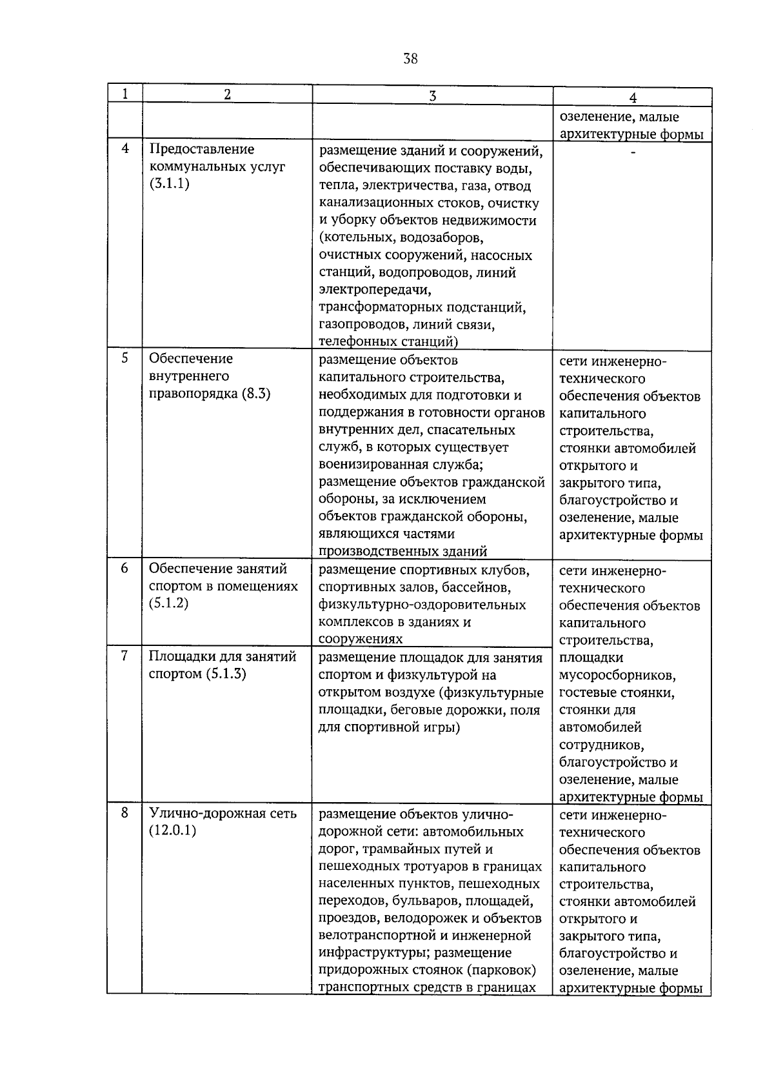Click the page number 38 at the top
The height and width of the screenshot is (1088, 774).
pyautogui.click(x=410, y=59)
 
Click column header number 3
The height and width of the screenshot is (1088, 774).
pyautogui.click(x=432, y=96)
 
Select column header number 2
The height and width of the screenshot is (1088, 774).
pyautogui.click(x=227, y=94)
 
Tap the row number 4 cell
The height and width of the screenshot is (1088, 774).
pyautogui.click(x=124, y=148)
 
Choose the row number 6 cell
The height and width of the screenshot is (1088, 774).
pyautogui.click(x=124, y=568)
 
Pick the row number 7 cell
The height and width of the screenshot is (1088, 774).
pyautogui.click(x=124, y=656)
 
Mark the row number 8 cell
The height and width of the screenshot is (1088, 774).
pyautogui.click(x=124, y=812)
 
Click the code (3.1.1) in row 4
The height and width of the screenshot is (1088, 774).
pyautogui.click(x=169, y=184)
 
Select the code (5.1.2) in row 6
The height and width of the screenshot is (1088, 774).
pyautogui.click(x=169, y=603)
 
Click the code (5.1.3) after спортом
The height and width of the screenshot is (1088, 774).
pyautogui.click(x=226, y=674)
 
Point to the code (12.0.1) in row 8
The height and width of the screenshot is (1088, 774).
pyautogui.click(x=173, y=830)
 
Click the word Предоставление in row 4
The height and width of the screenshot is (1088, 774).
pyautogui.click(x=202, y=149)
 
